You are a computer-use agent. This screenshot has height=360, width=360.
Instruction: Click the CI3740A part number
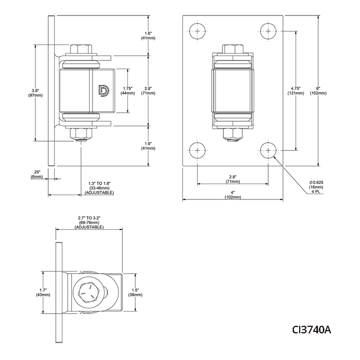pos(311,330)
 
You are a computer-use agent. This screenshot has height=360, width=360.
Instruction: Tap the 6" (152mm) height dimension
pos(318,91)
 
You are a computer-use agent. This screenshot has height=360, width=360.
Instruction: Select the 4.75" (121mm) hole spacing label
pos(296,91)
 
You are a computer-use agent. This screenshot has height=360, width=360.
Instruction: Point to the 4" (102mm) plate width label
pos(233,195)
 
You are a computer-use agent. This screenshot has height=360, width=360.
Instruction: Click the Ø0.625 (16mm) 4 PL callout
pos(316,187)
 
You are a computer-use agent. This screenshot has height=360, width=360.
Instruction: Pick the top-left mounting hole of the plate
pos(198,31)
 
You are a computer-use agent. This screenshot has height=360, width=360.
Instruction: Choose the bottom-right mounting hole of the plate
pos(268,150)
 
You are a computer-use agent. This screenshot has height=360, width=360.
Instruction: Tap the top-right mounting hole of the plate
pos(268,31)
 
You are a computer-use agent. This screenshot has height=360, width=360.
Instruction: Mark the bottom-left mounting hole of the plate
pos(198,150)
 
